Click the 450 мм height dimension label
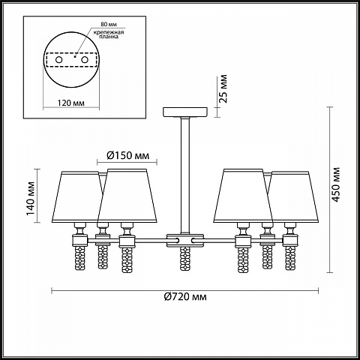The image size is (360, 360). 337,184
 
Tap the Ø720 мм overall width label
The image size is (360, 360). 185,297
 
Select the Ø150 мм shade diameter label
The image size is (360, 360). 127,155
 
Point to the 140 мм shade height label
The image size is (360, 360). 31,199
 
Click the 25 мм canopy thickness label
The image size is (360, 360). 223,88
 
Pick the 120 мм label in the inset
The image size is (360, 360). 71,103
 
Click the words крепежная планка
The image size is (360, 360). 109,34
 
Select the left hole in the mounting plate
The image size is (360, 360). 59,60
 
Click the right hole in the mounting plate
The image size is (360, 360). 85,60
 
